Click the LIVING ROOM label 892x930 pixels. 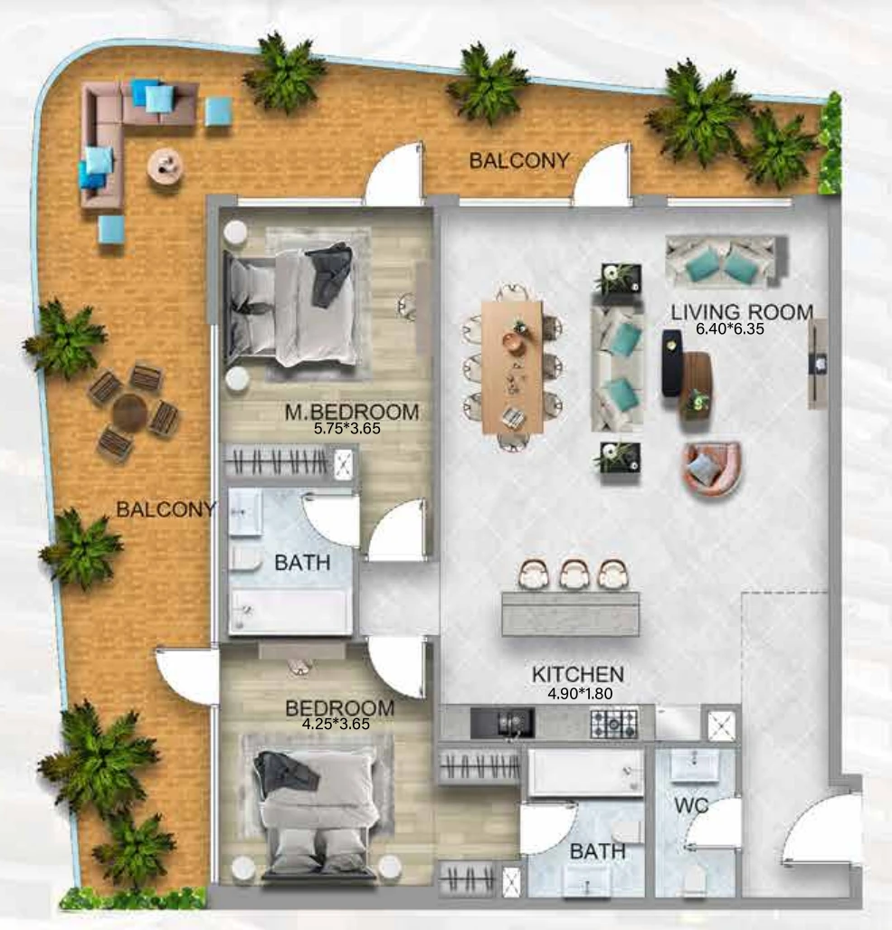click(x=742, y=312)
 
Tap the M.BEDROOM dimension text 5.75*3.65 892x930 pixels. click(x=347, y=428)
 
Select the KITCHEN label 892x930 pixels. click(x=578, y=674)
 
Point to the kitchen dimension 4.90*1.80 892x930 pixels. click(x=580, y=693)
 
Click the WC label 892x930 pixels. click(x=691, y=805)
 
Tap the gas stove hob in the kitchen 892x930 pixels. click(x=614, y=724)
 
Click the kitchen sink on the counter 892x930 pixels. click(x=502, y=724)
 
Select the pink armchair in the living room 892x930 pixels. click(x=711, y=468)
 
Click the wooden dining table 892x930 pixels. click(x=512, y=367)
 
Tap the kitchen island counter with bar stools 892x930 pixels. click(x=571, y=614)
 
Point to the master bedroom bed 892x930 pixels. click(x=290, y=308)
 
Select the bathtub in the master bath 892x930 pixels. click(x=289, y=612)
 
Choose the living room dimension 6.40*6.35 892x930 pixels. click(x=729, y=329)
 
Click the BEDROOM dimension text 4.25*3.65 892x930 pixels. click(x=336, y=725)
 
